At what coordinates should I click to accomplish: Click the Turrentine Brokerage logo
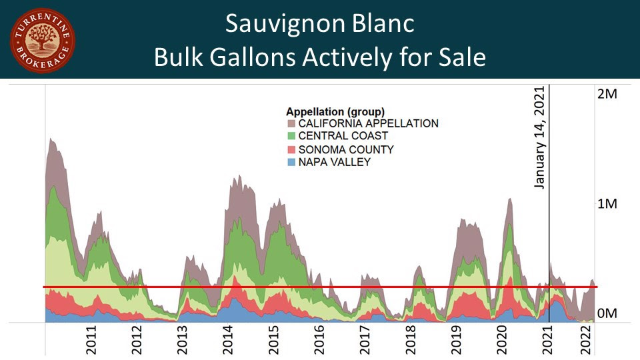coord(43,41)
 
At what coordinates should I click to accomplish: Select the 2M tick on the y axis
coord(607,94)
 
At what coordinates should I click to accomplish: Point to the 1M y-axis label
coord(607,203)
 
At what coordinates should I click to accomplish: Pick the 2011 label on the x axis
coord(91,339)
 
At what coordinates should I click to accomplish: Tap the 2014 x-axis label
coord(228,339)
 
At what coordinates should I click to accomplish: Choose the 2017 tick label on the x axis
coord(365,339)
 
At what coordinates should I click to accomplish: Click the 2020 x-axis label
coord(502,339)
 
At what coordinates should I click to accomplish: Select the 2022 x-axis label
coord(587,339)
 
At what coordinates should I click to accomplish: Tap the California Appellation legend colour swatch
coord(291,124)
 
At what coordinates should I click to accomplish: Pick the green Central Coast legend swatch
coord(291,136)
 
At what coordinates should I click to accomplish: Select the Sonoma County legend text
coord(346,149)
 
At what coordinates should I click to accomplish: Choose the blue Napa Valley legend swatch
coord(291,162)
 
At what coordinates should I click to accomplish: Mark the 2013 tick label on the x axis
coord(182,339)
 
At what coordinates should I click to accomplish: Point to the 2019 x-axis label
coord(456,339)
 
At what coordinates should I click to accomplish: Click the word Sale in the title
coord(458,58)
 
